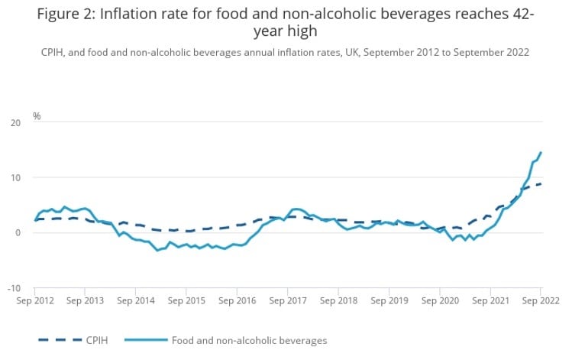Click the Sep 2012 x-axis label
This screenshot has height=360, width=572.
coord(35,301)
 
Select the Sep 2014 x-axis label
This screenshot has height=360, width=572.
coord(136,301)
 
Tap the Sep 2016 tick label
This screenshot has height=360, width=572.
coord(237,301)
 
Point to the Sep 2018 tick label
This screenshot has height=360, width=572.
coord(338,301)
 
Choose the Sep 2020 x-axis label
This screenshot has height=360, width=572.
coord(439,301)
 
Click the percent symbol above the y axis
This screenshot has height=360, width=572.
coord(36,116)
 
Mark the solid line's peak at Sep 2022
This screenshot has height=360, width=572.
coord(541,152)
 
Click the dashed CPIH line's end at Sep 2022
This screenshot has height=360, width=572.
coord(541,183)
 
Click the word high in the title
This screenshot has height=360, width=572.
coord(300,32)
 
